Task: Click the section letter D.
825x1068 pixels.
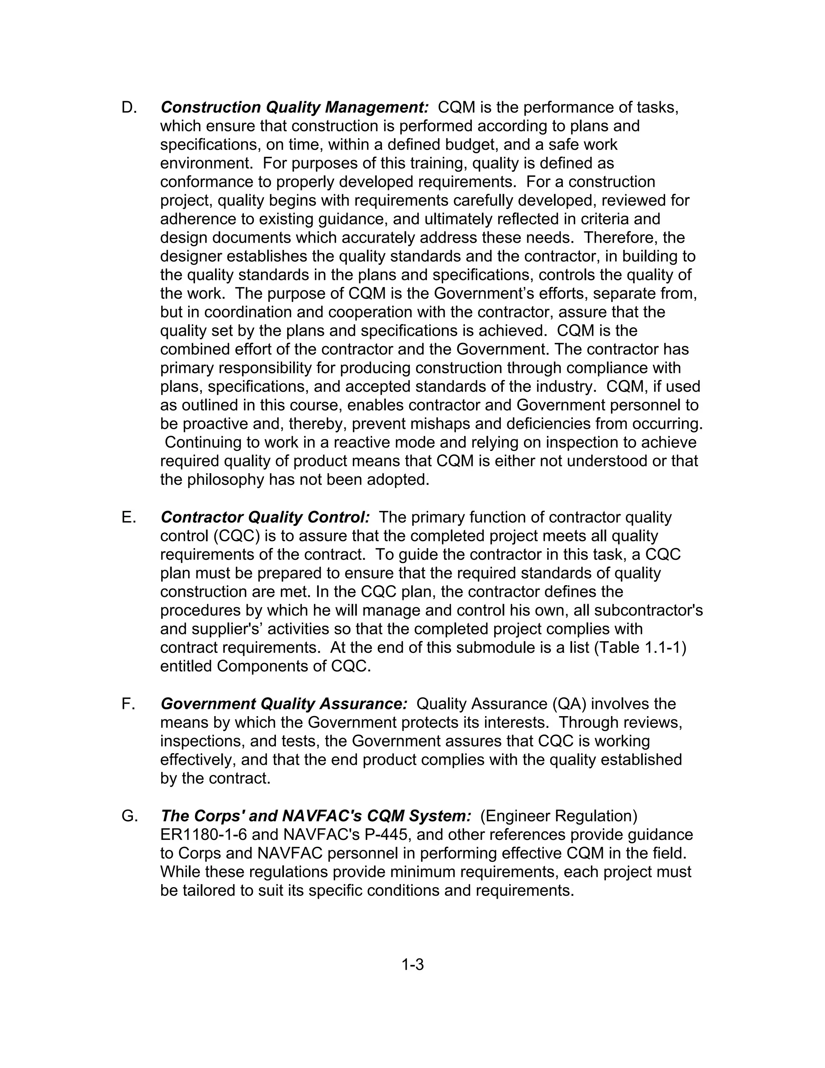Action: pyautogui.click(x=129, y=108)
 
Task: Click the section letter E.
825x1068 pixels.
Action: pyautogui.click(x=129, y=517)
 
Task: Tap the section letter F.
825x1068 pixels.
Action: pyautogui.click(x=128, y=704)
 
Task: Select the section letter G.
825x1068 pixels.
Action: pyautogui.click(x=130, y=816)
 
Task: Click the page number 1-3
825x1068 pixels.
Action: pyautogui.click(x=412, y=965)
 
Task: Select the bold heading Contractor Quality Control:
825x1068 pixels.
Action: pyautogui.click(x=265, y=517)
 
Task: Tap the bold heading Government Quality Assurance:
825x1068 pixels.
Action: pyautogui.click(x=284, y=704)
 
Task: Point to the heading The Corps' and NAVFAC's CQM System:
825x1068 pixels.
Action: pyautogui.click(x=316, y=816)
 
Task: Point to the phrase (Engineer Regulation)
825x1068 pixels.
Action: pyautogui.click(x=559, y=816)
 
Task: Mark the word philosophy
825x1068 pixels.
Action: pyautogui.click(x=226, y=480)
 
